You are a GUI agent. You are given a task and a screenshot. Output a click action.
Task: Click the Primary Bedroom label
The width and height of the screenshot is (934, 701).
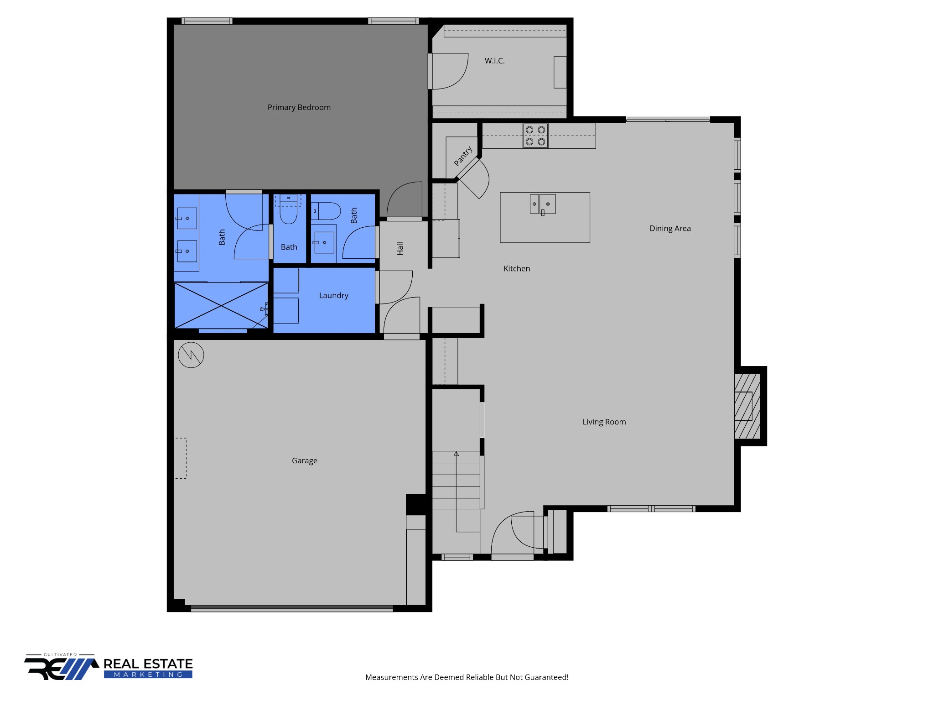(299, 107)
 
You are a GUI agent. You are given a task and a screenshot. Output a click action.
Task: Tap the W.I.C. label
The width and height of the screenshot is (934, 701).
(494, 61)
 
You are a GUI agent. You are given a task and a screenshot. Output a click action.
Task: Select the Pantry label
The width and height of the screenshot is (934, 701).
(463, 156)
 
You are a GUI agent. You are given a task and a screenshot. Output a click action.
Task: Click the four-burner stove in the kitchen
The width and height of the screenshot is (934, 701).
(535, 136)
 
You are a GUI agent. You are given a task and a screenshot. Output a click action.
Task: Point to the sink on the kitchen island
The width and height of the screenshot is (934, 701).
(543, 204)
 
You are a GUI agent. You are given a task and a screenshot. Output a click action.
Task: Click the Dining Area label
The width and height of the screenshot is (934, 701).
(670, 228)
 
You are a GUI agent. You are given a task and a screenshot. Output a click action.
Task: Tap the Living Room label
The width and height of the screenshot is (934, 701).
(604, 422)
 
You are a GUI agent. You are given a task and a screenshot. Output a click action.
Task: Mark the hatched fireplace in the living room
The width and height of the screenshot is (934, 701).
(747, 406)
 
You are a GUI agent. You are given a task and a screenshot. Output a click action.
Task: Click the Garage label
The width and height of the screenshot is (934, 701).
(304, 460)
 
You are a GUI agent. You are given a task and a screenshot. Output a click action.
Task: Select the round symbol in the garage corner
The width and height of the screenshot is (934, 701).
(191, 355)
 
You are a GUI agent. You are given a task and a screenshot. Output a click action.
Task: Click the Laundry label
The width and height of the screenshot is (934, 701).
(333, 295)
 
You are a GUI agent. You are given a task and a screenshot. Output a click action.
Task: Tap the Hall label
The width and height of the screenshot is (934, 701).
(400, 248)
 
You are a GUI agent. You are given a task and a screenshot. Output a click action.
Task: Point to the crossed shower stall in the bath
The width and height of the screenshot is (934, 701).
(221, 305)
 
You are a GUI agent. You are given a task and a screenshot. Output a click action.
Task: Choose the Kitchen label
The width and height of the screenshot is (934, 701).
(517, 268)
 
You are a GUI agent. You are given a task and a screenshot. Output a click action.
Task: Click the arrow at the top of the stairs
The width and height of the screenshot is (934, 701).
(456, 454)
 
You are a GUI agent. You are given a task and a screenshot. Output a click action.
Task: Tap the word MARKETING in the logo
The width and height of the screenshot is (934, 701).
(148, 675)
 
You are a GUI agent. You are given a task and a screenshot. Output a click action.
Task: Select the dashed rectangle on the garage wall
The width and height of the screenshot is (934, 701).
(181, 458)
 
